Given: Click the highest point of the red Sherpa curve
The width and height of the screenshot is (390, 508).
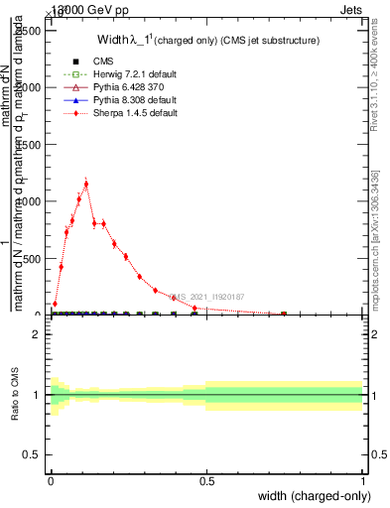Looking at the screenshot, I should point(86,184).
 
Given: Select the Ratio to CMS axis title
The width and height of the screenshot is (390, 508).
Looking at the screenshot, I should point(16,393).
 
